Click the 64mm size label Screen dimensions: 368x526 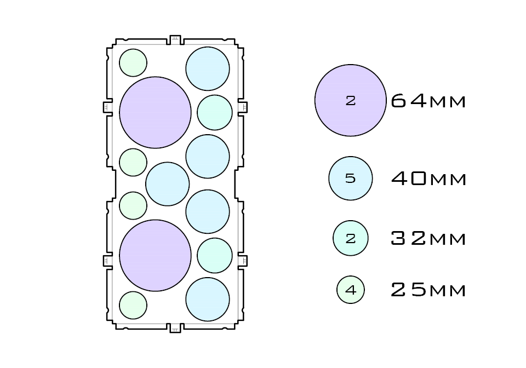[428, 101]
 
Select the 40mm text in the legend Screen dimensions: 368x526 [428, 179]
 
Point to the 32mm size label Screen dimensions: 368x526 [428, 239]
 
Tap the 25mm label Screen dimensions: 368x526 [428, 290]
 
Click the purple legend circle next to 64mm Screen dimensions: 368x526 [350, 100]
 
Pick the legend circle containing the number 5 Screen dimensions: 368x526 [350, 179]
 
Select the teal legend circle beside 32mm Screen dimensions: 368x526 [350, 238]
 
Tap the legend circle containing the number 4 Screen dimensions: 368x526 [350, 290]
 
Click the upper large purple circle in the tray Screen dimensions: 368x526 [155, 112]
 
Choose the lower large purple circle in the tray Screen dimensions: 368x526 [155, 255]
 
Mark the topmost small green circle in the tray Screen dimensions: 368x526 [133, 62]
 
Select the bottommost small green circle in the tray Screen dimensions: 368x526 [133, 305]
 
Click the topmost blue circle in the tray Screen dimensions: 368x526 [207, 68]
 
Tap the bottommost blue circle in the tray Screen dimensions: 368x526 [207, 299]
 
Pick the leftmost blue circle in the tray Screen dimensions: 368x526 [167, 184]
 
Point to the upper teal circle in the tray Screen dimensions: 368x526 [215, 112]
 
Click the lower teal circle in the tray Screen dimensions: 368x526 [215, 255]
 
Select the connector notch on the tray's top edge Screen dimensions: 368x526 [175, 39]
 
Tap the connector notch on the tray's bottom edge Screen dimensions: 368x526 [175, 328]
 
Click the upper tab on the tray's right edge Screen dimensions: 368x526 [242, 107]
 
